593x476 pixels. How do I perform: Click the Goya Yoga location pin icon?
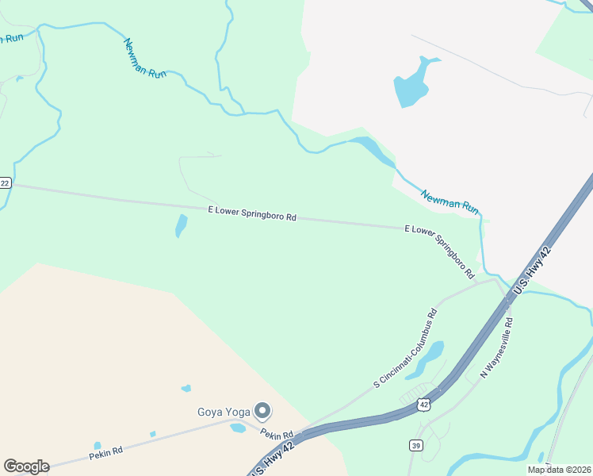(262, 410)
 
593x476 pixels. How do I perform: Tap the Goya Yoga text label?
(224, 412)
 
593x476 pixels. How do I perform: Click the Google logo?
(26, 466)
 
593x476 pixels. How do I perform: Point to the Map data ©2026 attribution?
(559, 470)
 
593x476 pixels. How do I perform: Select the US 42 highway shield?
(424, 405)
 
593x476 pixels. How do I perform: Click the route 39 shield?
(416, 446)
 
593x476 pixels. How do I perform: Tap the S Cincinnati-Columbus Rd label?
(406, 348)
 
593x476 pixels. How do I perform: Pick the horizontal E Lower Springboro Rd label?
(252, 213)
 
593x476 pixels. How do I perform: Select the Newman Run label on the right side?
(450, 202)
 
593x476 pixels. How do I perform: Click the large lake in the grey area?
(412, 84)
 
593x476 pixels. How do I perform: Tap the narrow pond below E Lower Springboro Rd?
(181, 226)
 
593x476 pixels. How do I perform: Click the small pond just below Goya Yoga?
(237, 428)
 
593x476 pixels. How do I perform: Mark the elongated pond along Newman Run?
(373, 150)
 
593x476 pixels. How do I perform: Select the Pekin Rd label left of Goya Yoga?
(105, 451)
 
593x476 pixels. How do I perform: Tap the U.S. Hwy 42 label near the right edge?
(532, 270)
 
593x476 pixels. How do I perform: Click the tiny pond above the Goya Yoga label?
(186, 389)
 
